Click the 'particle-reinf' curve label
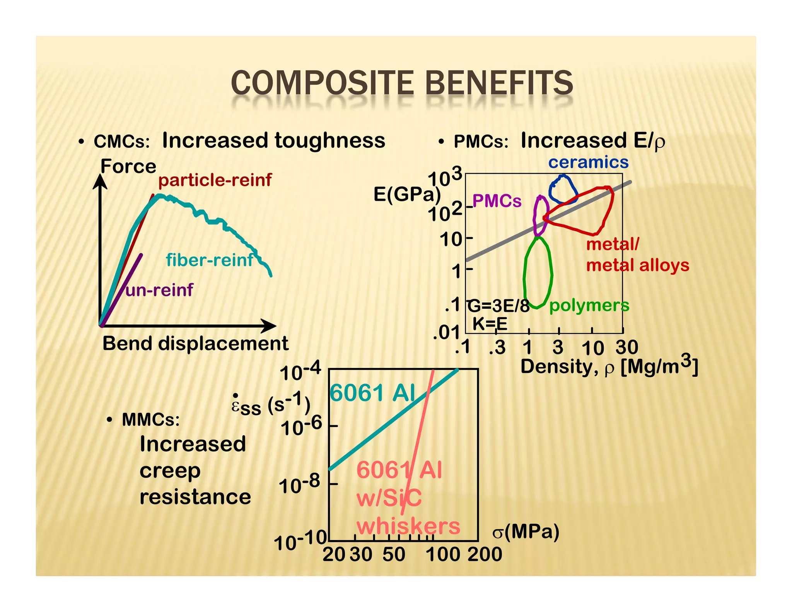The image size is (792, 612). pos(215,180)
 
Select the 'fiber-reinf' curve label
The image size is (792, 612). pos(209,260)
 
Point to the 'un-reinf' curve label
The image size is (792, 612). pos(159,290)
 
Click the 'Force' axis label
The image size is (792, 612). pos(128,167)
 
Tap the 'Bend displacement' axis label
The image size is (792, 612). pos(195,344)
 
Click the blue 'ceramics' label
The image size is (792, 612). pos(588,162)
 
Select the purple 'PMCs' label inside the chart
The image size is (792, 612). pos(497,201)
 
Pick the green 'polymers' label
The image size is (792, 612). pos(589,306)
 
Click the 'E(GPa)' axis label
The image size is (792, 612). pos(407,194)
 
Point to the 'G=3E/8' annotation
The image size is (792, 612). pos(498,306)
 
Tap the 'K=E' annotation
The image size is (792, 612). pos(490,324)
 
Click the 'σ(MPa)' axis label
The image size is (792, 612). pos(526,532)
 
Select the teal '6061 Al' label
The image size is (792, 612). pos(372,393)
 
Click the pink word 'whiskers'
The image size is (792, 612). pos(408,527)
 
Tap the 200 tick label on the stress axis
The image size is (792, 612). pos(485,554)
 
